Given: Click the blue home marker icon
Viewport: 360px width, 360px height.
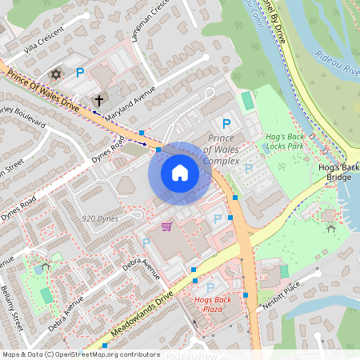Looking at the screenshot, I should tap(180, 172).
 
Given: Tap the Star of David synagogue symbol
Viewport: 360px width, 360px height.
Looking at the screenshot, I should tap(56, 74).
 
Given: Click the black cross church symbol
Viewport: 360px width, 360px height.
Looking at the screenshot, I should tap(99, 101).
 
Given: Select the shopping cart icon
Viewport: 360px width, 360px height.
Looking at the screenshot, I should tap(166, 226).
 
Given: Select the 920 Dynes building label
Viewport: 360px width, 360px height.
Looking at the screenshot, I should tap(100, 218).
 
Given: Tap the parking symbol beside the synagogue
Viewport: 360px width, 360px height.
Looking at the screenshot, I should tap(79, 74).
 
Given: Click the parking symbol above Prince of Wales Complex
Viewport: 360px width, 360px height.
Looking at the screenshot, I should tap(226, 124).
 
